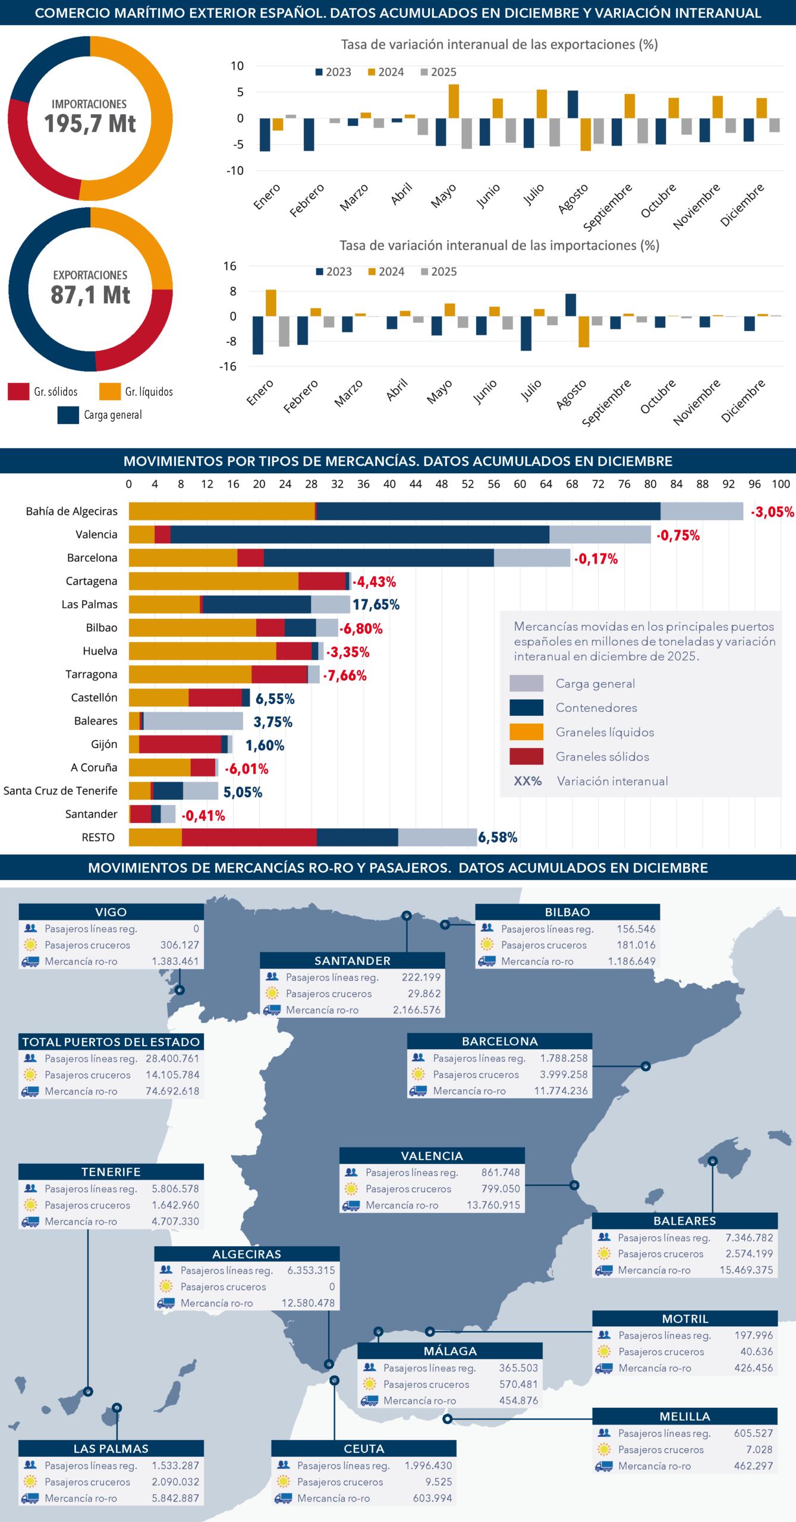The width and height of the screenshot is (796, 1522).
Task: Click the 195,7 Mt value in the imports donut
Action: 90,124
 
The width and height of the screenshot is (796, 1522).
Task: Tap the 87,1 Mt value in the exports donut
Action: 90,295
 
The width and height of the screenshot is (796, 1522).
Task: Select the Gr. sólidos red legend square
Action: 18,391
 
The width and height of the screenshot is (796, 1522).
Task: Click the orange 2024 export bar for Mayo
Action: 454,101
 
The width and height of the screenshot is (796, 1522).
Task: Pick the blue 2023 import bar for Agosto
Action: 570,305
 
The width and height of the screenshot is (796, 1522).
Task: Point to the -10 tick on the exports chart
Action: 235,171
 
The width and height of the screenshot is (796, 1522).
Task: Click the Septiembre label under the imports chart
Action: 606,404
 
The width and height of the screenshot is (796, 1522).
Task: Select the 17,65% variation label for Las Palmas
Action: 376,605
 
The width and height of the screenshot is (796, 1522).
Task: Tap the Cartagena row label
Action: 92,581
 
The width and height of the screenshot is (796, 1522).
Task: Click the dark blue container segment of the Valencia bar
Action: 360,534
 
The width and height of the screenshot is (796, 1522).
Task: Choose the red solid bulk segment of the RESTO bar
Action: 249,837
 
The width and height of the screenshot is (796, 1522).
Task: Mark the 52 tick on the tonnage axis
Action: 468,484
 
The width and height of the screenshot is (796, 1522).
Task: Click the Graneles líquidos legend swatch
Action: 526,732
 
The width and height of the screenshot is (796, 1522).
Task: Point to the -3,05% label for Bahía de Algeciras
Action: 772,512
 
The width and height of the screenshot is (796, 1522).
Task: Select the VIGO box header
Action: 111,912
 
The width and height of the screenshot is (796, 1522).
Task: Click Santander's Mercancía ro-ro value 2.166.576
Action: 416,1010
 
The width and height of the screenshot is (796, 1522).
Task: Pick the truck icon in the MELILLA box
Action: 604,1466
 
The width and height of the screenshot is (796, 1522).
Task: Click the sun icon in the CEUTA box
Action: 284,1482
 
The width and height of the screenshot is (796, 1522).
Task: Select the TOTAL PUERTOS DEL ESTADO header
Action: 111,1042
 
